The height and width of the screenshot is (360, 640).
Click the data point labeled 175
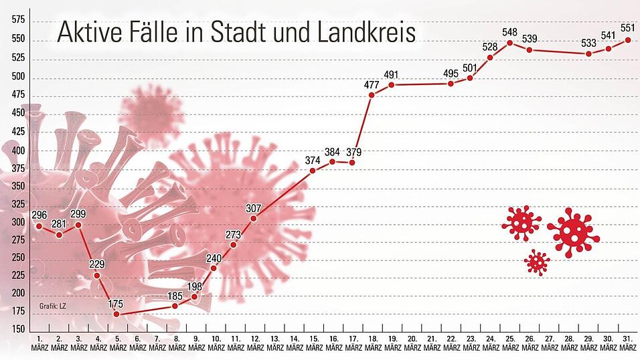(116, 314)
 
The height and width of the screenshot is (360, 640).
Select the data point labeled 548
(510, 43)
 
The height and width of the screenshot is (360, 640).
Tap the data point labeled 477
(372, 94)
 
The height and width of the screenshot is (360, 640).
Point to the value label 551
(628, 28)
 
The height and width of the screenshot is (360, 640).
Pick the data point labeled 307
(254, 218)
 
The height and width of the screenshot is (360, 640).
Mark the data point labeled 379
(352, 163)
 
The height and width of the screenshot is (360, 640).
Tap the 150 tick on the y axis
(18, 329)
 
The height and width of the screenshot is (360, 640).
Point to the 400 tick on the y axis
(18, 149)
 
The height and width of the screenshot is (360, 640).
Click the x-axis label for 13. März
(274, 343)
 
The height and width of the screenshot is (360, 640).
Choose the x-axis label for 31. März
(629, 343)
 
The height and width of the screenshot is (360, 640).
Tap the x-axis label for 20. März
(412, 343)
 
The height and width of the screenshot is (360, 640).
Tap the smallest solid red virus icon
(537, 262)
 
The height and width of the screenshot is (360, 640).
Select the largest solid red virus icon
(573, 232)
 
